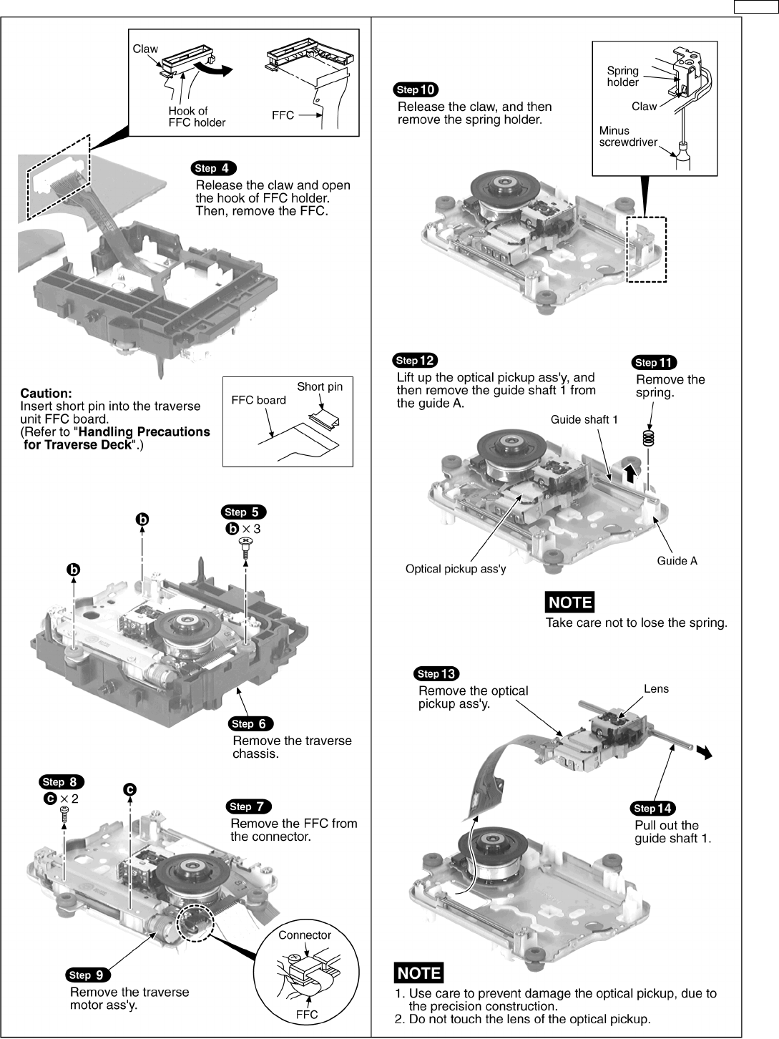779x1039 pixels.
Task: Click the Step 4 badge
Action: [x=212, y=168]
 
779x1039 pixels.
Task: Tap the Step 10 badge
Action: [x=416, y=89]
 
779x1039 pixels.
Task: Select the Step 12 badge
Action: [x=415, y=361]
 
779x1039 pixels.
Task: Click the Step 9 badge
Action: [x=88, y=975]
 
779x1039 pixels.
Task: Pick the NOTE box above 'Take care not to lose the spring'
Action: [x=570, y=603]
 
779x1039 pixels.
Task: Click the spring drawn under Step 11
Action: [x=649, y=438]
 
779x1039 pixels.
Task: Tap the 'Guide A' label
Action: [x=677, y=561]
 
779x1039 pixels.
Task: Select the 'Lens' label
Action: [x=656, y=689]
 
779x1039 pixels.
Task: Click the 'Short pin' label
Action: [x=320, y=386]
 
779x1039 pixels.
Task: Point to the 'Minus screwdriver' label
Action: [x=627, y=137]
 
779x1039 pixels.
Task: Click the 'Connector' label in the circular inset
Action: [x=305, y=935]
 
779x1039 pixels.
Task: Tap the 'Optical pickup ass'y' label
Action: [x=456, y=569]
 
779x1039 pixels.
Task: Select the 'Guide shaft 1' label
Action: [x=584, y=419]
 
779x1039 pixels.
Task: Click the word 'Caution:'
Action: [x=46, y=393]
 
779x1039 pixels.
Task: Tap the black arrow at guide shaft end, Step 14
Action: [x=705, y=752]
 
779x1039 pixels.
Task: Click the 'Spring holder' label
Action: [x=622, y=77]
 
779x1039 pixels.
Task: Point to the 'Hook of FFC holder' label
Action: [x=197, y=117]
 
